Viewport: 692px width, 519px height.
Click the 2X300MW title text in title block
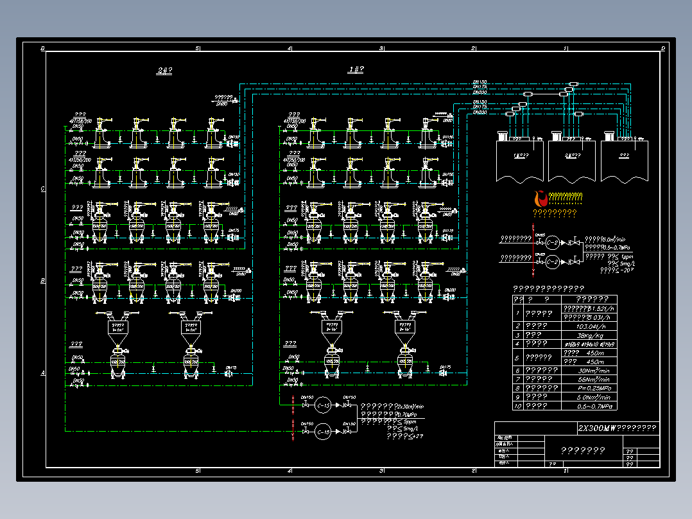click(617, 428)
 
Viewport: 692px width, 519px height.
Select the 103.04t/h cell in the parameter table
click(589, 326)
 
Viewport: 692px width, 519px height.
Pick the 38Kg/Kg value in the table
click(589, 335)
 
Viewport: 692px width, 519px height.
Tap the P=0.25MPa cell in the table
click(589, 388)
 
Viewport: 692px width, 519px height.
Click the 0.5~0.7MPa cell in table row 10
click(589, 406)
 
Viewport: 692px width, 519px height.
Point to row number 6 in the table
click(517, 371)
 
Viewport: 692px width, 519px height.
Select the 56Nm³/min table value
click(589, 379)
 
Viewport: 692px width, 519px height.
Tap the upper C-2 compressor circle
click(551, 242)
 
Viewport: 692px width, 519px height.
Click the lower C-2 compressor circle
click(551, 261)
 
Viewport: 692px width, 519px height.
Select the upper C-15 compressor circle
click(324, 405)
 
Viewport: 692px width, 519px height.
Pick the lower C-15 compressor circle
click(324, 431)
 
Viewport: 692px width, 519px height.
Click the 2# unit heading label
click(164, 71)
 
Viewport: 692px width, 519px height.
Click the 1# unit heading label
click(356, 69)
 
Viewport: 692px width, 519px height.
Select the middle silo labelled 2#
click(571, 161)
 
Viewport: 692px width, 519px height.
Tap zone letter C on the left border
click(42, 189)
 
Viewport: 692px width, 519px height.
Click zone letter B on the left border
click(42, 281)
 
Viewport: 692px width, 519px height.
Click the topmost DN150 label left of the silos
click(480, 82)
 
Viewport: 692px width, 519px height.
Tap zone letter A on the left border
click(42, 373)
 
